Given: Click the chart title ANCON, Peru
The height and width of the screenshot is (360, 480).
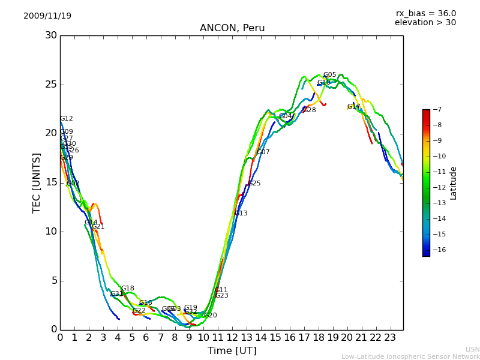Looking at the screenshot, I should click(x=232, y=28).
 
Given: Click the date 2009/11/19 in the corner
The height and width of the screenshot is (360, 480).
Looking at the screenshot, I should click(x=47, y=16).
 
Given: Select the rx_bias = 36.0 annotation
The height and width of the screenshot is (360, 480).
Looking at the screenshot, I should click(x=425, y=14).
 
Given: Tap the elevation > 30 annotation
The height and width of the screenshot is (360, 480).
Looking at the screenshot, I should click(x=425, y=23).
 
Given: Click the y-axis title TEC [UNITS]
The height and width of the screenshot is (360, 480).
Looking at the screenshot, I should click(x=37, y=182).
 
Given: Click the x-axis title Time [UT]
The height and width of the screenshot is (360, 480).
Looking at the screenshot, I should click(x=232, y=351).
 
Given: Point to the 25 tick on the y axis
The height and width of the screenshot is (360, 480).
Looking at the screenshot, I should click(x=51, y=85).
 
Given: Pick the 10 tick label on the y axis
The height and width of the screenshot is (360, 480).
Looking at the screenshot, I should click(x=51, y=232).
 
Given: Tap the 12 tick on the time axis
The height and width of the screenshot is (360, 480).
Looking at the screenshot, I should click(x=232, y=337).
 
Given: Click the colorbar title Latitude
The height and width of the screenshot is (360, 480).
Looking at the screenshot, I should click(x=454, y=182).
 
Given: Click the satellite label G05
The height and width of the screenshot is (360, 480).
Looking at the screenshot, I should click(x=329, y=75).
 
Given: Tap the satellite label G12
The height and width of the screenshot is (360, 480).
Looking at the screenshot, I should click(x=66, y=119).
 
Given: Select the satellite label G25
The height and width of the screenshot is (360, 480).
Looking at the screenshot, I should click(x=254, y=184).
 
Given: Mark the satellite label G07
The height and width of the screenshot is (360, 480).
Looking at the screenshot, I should click(x=263, y=152).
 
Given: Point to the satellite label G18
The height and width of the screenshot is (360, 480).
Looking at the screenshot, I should click(x=127, y=289).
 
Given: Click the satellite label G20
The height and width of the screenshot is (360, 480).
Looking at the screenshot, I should click(x=210, y=316).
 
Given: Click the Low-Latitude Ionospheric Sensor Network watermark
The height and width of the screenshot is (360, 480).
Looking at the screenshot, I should click(x=410, y=356).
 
